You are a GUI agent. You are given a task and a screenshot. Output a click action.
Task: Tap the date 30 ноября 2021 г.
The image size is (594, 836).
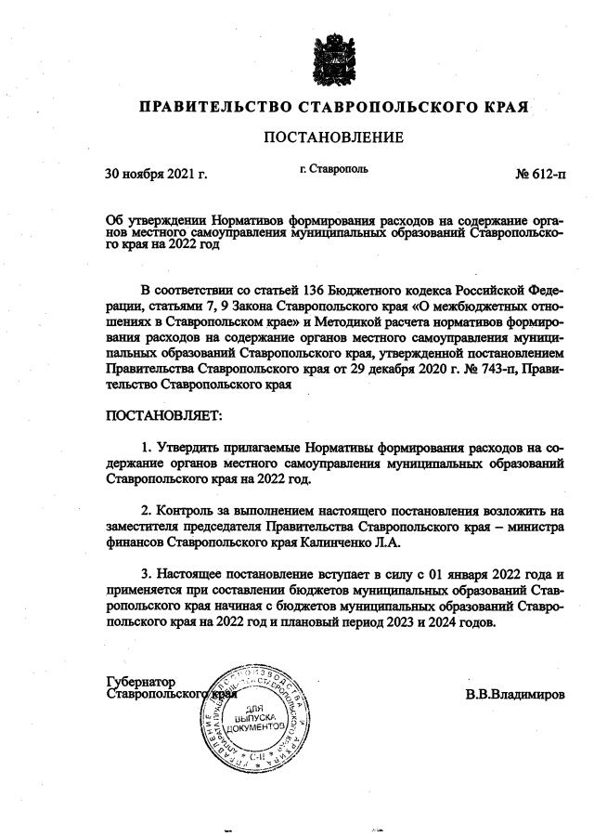[x=156, y=173]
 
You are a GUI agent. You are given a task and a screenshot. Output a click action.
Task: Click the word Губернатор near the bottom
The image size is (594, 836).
[x=140, y=682]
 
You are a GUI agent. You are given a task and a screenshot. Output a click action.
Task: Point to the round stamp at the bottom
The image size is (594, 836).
[x=254, y=712]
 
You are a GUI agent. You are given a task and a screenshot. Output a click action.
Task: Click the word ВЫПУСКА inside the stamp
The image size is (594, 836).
[x=254, y=718]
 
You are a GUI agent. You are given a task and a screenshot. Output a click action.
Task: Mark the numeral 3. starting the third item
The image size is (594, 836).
[x=147, y=575]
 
